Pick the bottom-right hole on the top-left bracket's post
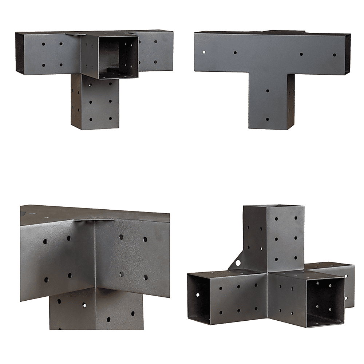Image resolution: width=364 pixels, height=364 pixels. pyautogui.click(x=110, y=119)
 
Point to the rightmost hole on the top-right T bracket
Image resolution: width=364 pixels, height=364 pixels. pyautogui.click(x=335, y=55)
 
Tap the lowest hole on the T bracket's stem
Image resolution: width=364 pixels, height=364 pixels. pyautogui.click(x=268, y=119)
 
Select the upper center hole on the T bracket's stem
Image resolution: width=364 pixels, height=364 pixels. pyautogui.click(x=268, y=90)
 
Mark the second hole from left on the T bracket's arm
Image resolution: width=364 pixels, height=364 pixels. pyautogui.click(x=235, y=53)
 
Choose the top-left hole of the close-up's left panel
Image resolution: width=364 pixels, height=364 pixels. pyautogui.click(x=45, y=241)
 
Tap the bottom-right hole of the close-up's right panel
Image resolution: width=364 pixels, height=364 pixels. pyautogui.click(x=145, y=278)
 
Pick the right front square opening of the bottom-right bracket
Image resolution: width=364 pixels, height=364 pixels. pyautogui.click(x=325, y=302)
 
